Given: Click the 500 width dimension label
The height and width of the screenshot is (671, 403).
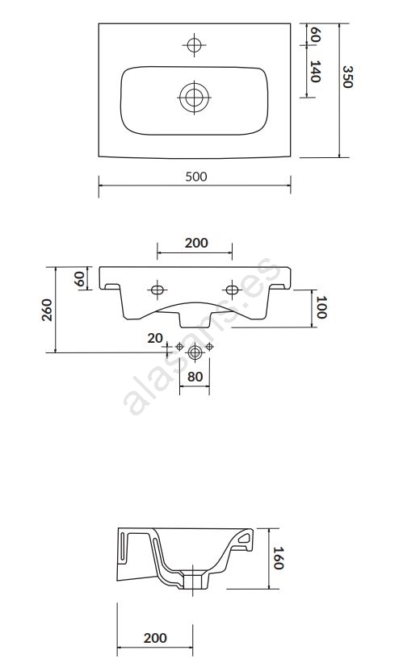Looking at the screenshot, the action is [196, 177].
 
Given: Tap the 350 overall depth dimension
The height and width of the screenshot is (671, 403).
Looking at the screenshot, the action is [347, 77].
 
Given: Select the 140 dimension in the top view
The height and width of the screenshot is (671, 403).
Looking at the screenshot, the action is [315, 72].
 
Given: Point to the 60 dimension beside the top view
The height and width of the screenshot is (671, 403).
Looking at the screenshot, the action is [315, 34].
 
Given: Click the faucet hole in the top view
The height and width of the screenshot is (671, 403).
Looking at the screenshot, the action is [194, 44].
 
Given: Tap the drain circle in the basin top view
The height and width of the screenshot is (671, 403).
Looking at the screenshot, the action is [194, 97].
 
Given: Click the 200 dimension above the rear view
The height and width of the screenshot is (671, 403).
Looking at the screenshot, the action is [196, 243].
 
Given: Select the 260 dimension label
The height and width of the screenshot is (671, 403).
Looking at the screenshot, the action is [47, 310].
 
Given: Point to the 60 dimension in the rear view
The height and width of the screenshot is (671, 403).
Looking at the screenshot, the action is [79, 279].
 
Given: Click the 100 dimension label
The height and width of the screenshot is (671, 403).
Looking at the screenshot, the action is [321, 306].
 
